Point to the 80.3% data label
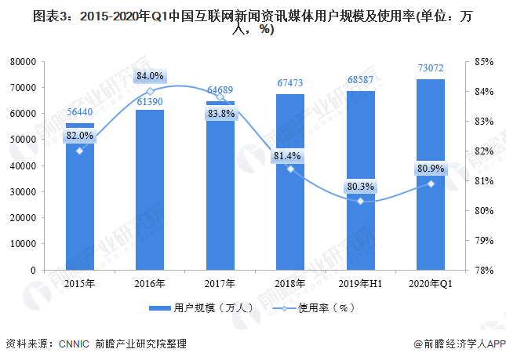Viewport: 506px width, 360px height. (x=360, y=187)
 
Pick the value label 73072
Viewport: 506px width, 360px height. (x=430, y=69)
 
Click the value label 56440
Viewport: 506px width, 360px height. (x=79, y=112)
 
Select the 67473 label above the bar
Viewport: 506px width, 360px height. (x=290, y=83)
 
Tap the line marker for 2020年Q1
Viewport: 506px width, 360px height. (x=431, y=184)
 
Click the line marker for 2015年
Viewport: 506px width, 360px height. (x=79, y=151)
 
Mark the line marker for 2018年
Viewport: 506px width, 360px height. (x=290, y=169)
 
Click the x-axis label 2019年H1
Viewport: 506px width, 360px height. (x=360, y=282)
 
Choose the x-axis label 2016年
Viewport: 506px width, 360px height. (x=150, y=282)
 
